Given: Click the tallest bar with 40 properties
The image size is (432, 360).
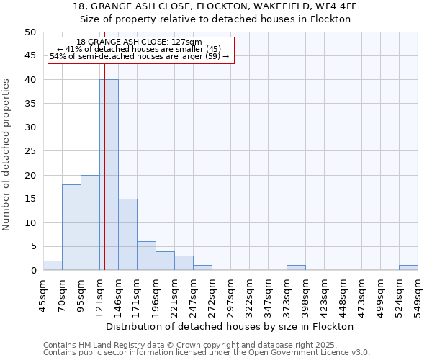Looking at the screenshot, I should click(x=109, y=174).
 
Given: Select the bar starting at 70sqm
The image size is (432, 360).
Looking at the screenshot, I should click(x=71, y=227).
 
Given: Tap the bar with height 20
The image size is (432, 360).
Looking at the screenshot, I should click(x=90, y=222).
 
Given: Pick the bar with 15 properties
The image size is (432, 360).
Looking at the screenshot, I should click(x=127, y=234).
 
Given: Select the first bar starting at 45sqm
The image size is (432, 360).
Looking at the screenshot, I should click(x=53, y=266).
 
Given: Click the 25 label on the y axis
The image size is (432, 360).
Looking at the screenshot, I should click(x=30, y=151).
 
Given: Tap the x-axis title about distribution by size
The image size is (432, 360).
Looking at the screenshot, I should click(x=235, y=326).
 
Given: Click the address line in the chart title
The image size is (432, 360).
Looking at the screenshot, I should click(x=215, y=6).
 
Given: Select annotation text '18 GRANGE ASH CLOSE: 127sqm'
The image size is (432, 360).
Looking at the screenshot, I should click(x=139, y=42).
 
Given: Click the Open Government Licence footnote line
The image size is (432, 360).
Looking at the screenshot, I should click(x=207, y=353).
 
